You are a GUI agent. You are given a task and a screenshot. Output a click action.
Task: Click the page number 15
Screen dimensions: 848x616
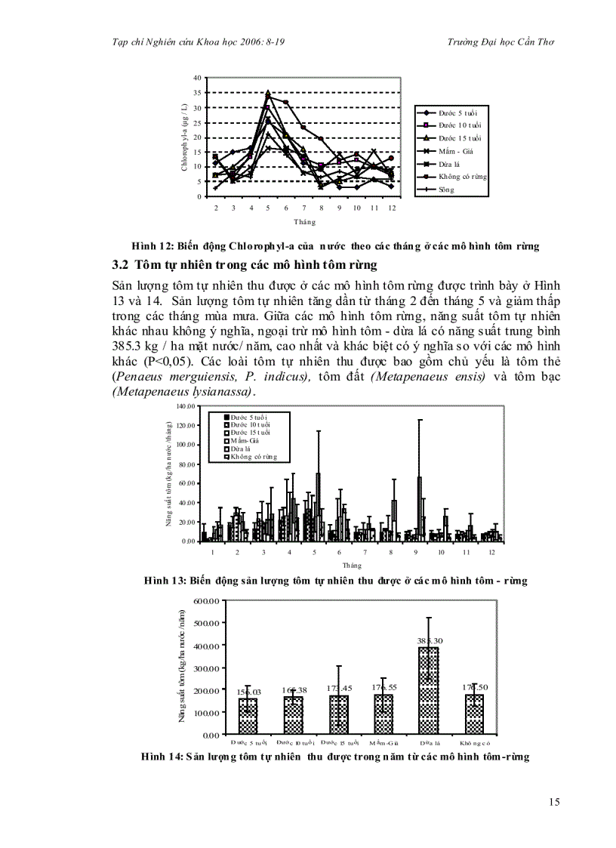554,802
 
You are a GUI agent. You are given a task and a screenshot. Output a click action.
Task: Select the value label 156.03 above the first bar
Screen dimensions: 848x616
248,692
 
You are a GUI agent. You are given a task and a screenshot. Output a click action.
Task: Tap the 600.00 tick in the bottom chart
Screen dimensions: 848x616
206,601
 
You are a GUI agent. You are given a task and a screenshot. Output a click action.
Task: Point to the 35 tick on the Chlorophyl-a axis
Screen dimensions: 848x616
197,93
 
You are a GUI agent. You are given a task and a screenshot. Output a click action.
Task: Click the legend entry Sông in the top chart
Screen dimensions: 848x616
447,190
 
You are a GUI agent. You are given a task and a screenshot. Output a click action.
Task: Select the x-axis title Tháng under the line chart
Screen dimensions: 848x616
304,222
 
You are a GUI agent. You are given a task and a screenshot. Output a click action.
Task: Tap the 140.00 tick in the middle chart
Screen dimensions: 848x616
186,406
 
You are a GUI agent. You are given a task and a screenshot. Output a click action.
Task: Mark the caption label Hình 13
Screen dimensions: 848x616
162,581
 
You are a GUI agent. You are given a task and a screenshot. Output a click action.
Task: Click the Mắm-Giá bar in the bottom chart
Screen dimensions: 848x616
383,713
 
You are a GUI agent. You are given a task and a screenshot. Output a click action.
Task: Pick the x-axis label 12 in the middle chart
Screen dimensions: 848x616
491,552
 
